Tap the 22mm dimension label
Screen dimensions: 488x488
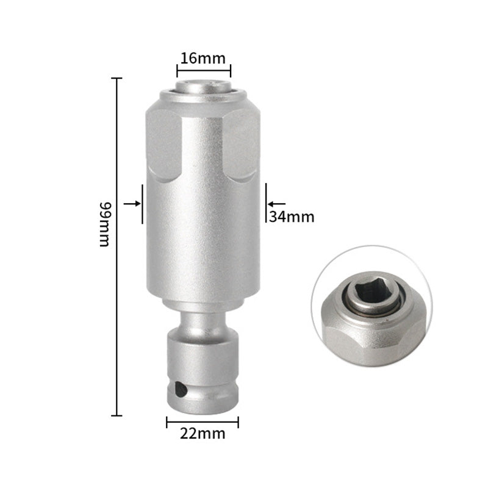pyautogui.click(x=202, y=434)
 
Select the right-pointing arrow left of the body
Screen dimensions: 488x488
pyautogui.click(x=131, y=203)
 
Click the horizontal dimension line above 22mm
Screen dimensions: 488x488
pyautogui.click(x=202, y=422)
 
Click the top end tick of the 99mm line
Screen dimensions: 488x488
pyautogui.click(x=116, y=78)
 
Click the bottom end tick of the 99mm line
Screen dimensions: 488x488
pyautogui.click(x=116, y=415)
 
